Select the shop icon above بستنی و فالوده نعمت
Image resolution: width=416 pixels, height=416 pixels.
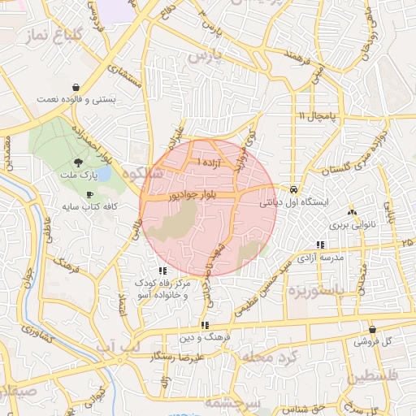coord(76,87)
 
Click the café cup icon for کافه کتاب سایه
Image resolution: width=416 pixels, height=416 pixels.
coord(89,194)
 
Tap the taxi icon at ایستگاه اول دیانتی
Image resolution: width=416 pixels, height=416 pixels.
coord(293,189)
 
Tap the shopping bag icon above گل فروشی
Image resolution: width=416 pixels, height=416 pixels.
coord(372,330)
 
